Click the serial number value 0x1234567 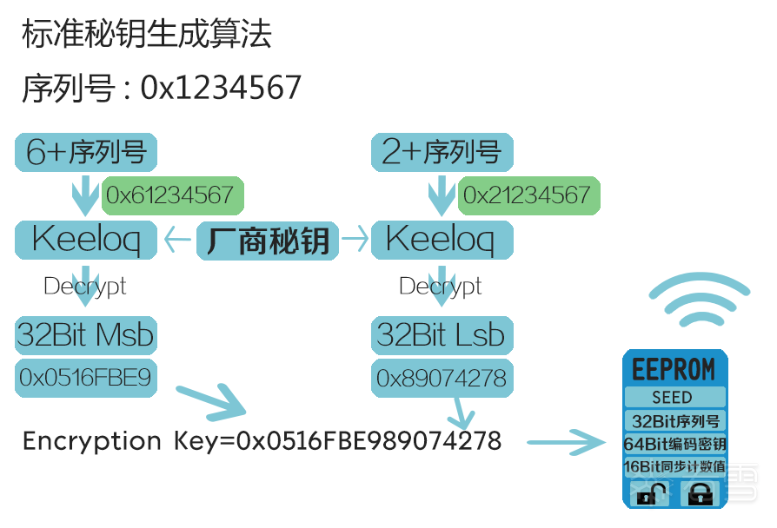tap(221, 88)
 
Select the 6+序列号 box tap(85, 152)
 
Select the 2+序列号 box tap(442, 152)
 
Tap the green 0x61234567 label tap(173, 195)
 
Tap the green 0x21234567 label tap(529, 195)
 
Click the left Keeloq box tap(85, 240)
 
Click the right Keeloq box tap(442, 240)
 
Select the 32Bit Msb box tap(85, 334)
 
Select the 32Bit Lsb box tap(442, 334)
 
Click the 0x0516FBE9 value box tap(85, 378)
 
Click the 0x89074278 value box tap(442, 379)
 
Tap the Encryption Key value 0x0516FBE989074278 tap(369, 441)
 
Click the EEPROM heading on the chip tap(674, 368)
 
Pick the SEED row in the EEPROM tap(674, 398)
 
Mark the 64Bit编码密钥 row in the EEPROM tap(674, 445)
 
